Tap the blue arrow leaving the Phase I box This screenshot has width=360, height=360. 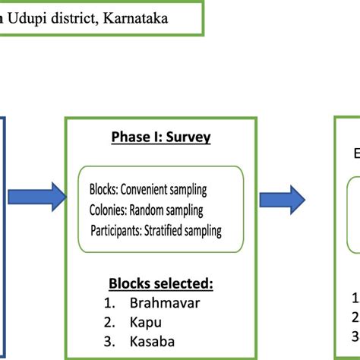(x=282, y=199)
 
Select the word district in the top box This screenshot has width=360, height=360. (x=81, y=16)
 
